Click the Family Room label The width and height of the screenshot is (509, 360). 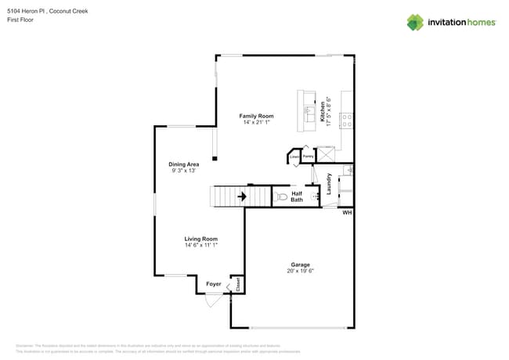click(256, 116)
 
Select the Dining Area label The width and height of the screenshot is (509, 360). click(184, 164)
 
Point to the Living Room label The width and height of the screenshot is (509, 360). click(200, 239)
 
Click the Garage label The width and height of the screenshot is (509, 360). click(301, 265)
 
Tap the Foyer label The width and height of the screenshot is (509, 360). click(213, 284)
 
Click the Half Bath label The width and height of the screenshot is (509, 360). click(298, 196)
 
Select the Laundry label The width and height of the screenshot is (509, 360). click(329, 184)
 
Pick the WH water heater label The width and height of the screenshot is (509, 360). click(347, 213)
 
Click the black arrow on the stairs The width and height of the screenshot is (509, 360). click(243, 196)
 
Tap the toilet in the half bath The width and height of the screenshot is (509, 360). click(280, 196)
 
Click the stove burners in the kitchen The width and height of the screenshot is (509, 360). click(346, 120)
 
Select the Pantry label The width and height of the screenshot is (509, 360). click(309, 157)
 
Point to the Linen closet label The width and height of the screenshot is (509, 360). click(294, 157)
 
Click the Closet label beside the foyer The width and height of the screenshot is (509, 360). click(238, 286)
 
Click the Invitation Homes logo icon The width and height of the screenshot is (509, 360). click(414, 22)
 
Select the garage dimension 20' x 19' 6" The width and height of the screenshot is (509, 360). click(301, 272)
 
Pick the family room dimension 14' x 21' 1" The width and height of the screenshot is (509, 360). click(256, 123)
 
